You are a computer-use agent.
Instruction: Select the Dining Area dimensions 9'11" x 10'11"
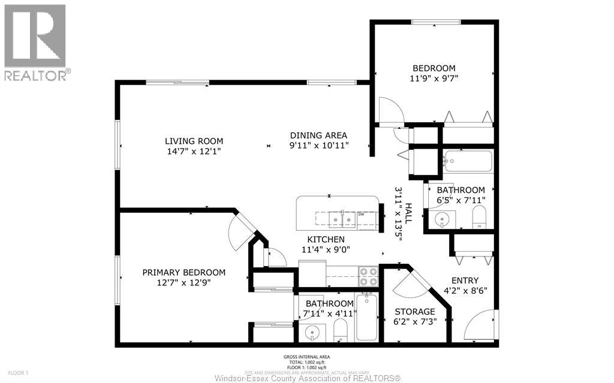[x=318, y=146]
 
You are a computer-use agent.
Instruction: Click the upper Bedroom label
[x=434, y=68]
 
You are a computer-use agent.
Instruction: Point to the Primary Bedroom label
[x=183, y=272]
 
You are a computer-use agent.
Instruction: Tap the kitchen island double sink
[x=342, y=220]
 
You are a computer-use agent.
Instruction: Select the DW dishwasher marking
[x=362, y=214]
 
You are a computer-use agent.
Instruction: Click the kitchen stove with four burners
[x=368, y=276]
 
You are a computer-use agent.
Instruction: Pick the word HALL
[x=408, y=213]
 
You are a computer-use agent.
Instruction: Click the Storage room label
[x=414, y=312]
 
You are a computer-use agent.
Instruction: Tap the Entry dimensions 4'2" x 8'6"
[x=465, y=291]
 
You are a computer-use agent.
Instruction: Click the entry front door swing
[x=482, y=326]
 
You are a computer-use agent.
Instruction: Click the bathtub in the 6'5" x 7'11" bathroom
[x=468, y=162]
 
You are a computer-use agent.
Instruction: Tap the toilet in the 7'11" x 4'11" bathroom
[x=340, y=330]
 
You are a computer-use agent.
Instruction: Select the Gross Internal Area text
[x=306, y=357]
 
